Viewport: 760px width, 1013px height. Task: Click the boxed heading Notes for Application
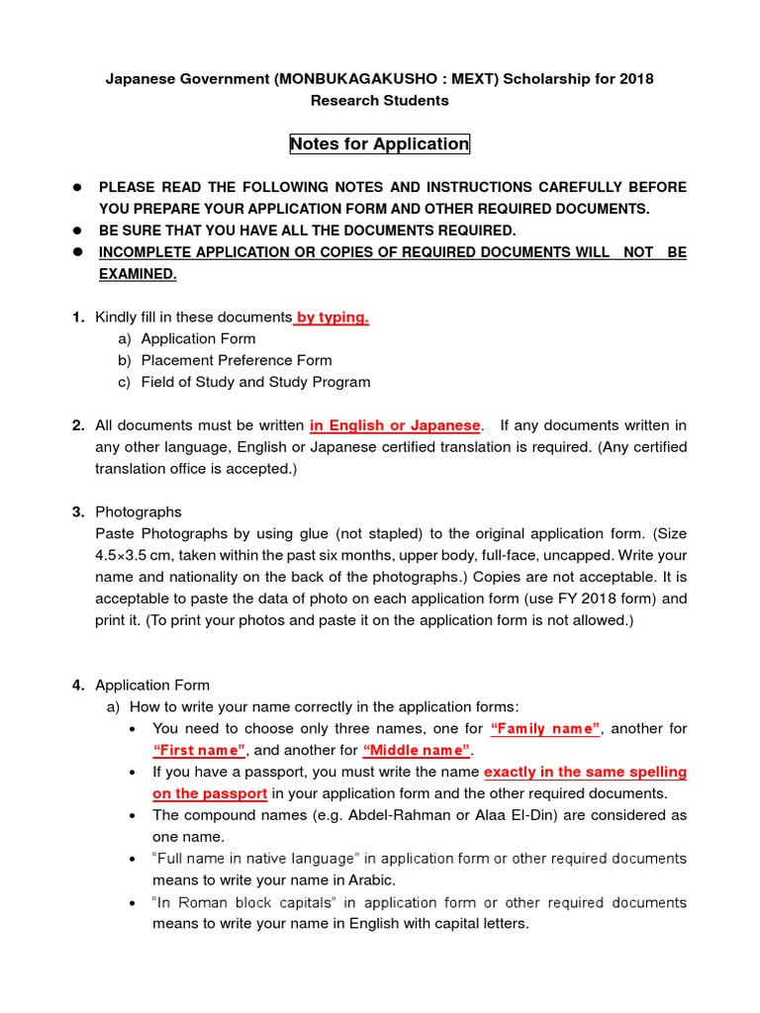pyautogui.click(x=380, y=144)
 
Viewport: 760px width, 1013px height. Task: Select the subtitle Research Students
pyautogui.click(x=380, y=100)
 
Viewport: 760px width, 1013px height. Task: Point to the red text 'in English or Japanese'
pyautogui.click(x=396, y=425)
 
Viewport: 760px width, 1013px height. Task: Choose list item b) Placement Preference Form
pyautogui.click(x=236, y=360)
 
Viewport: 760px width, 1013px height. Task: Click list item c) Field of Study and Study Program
pyautogui.click(x=255, y=382)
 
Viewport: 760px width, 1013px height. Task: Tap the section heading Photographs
pyautogui.click(x=139, y=512)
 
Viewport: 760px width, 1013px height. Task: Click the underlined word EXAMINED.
pyautogui.click(x=137, y=274)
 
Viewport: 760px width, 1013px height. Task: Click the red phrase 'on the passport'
pyautogui.click(x=210, y=794)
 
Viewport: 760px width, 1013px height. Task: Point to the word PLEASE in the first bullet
pyautogui.click(x=129, y=187)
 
